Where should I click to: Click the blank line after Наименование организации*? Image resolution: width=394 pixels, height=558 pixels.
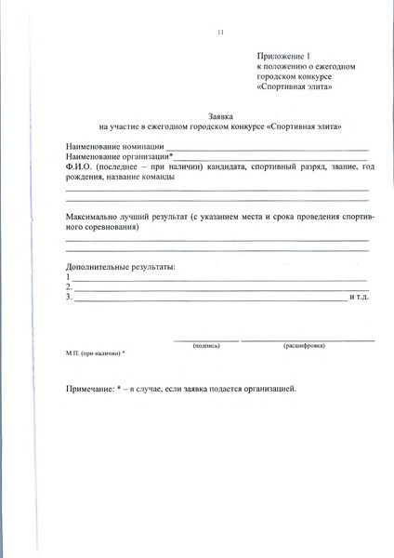[x=260, y=159]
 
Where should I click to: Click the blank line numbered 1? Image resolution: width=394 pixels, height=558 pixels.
[x=219, y=279]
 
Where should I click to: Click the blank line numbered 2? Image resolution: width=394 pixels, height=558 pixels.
[x=219, y=288]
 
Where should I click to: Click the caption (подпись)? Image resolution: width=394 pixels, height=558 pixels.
[x=206, y=345]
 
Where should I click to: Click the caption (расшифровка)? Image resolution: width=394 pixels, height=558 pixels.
[x=304, y=345]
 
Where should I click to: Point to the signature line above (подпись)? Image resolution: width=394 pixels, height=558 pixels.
[x=205, y=339]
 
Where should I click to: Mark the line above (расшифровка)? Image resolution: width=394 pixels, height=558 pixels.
[x=308, y=339]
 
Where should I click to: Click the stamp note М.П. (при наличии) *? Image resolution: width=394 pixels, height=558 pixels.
[x=96, y=354]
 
